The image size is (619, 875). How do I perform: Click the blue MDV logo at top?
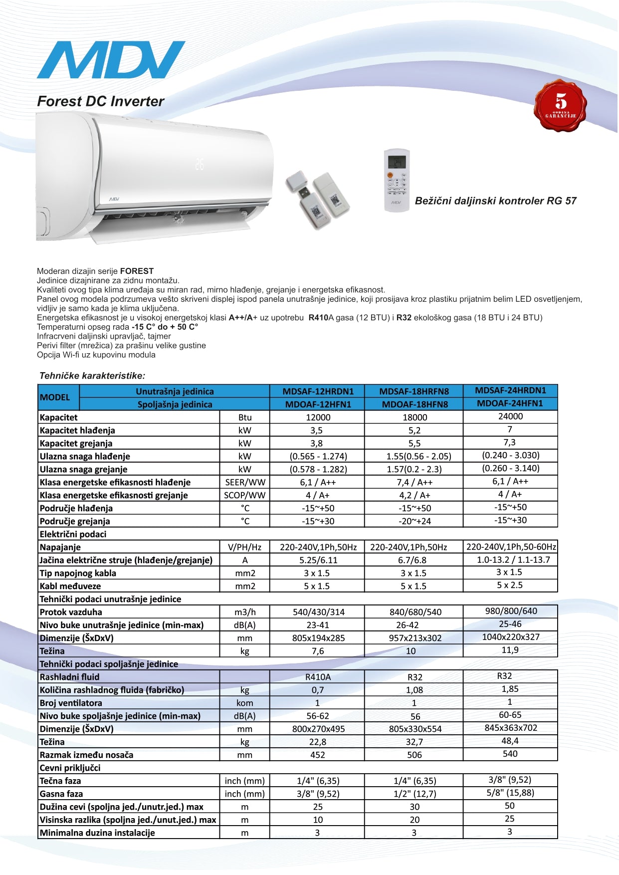tap(111, 60)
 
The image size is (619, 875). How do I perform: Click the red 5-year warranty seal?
tap(560, 106)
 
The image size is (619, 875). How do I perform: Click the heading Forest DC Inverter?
tap(100, 101)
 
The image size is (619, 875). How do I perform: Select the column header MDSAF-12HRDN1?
tap(318, 392)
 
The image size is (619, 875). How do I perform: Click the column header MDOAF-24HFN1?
tap(510, 403)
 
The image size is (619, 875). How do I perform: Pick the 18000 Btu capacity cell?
tap(414, 418)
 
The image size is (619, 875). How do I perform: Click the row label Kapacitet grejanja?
tap(76, 443)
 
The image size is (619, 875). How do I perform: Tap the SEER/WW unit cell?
tap(245, 482)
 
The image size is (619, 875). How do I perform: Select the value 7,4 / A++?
tap(414, 482)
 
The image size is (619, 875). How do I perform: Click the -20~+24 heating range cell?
tap(414, 521)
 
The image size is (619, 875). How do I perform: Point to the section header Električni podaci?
tap(73, 534)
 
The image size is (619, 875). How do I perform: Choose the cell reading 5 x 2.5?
tap(510, 585)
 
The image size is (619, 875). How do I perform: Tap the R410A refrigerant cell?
tap(318, 677)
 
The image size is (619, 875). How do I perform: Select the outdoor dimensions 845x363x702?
tap(511, 728)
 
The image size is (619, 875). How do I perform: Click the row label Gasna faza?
tap(61, 794)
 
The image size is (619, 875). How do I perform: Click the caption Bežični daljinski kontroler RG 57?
tap(495, 201)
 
